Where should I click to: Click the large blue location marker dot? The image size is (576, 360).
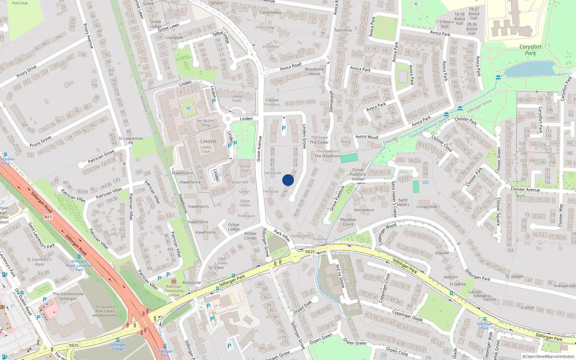coord(288,180)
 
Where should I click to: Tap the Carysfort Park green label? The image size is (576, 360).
coord(530,50)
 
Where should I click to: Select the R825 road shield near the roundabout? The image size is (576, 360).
coord(310,252)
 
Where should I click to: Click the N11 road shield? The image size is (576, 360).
coord(48,217)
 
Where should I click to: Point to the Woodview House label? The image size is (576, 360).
coord(314,71)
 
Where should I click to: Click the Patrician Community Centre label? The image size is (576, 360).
coord(174,291)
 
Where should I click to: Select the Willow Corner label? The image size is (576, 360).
coord(250,236)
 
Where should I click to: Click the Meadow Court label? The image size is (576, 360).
coord(348,222)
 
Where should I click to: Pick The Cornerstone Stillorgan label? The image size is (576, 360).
coord(68,296)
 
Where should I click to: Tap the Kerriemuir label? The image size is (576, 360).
coord(364,210)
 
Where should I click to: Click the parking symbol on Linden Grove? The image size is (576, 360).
coord(284,128)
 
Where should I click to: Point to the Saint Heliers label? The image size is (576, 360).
coord(403,202)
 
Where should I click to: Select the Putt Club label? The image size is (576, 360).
coord(20,3)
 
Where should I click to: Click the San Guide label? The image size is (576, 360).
coord(273,173)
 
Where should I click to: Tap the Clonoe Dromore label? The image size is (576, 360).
coord(272,102)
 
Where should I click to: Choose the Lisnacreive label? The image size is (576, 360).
coord(427,207)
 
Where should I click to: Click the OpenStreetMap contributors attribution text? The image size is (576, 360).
coord(548,357)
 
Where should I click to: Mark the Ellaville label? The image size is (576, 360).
coord(442,253)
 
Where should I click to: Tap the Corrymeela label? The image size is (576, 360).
coord(270,13)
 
